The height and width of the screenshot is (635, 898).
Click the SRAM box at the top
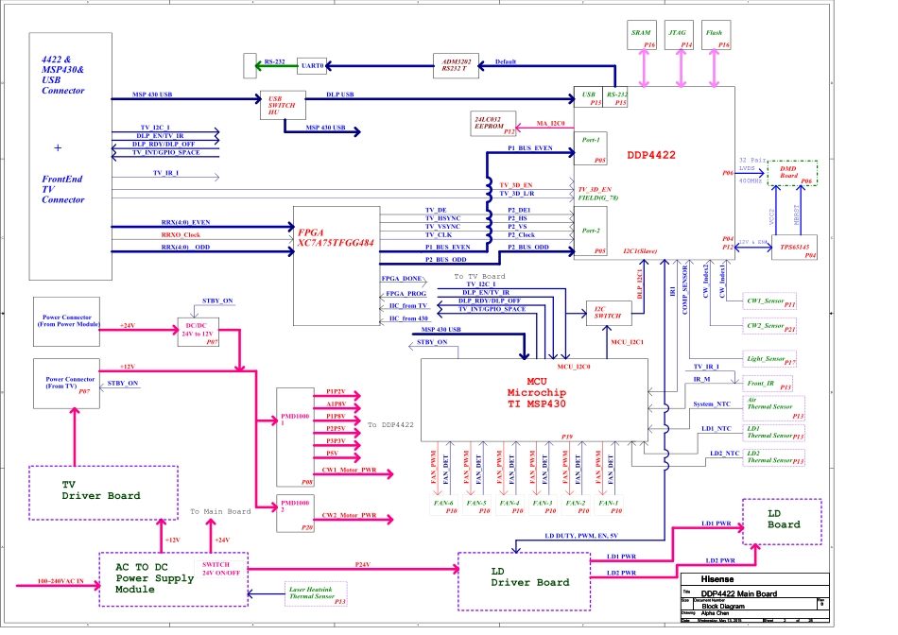click(x=642, y=38)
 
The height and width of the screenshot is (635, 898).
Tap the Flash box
click(x=716, y=38)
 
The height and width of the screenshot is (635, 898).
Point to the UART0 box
click(x=312, y=66)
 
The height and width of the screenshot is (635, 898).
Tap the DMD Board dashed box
click(x=790, y=172)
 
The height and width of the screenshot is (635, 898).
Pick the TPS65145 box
click(x=791, y=248)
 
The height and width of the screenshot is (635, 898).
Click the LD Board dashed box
click(x=782, y=521)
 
